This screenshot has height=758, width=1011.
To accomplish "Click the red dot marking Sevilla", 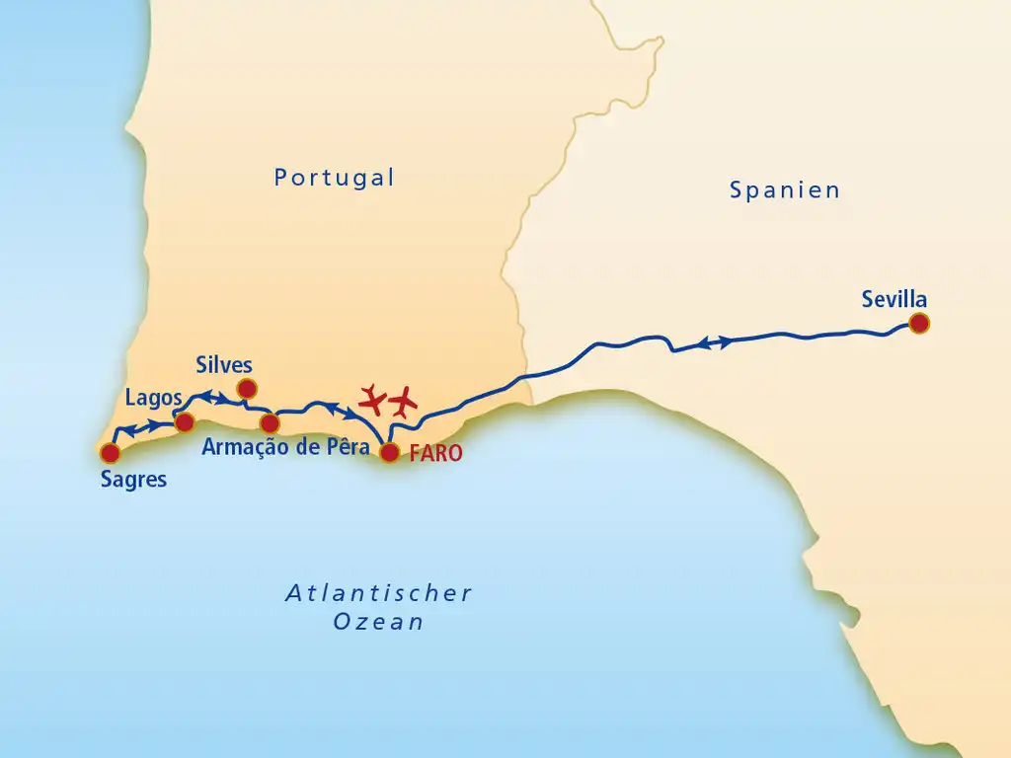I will [x=919, y=323].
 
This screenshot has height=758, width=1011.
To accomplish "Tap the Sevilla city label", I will [x=894, y=299].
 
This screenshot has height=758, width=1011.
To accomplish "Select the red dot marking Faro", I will [x=390, y=452].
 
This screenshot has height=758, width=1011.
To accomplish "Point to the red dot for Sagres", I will [x=110, y=453].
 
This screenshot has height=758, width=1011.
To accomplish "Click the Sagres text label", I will [x=133, y=481].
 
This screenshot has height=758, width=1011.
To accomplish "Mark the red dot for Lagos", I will [x=184, y=422].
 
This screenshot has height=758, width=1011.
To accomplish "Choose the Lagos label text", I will [x=153, y=398].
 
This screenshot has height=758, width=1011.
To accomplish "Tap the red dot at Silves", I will [x=247, y=388].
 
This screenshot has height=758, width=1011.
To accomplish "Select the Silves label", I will [x=224, y=364].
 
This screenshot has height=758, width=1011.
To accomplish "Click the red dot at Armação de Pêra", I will [x=270, y=423].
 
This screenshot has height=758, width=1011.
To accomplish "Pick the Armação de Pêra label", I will [x=285, y=447].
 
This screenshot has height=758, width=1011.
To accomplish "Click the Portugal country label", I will [x=335, y=178].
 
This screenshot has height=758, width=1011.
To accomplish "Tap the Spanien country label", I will [x=785, y=189].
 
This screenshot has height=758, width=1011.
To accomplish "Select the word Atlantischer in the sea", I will [x=379, y=593].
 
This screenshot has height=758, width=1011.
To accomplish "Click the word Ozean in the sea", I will [x=379, y=622].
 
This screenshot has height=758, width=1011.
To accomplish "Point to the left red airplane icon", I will [x=372, y=400].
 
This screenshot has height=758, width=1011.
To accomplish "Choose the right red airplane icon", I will [x=402, y=402].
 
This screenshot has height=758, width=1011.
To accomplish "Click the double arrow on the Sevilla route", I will [x=716, y=342].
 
